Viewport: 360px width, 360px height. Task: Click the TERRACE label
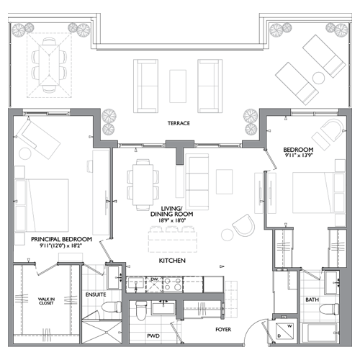(x=179, y=123)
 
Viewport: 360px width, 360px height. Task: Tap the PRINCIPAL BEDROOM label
(x=61, y=239)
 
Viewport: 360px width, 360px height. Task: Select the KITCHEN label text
(x=172, y=261)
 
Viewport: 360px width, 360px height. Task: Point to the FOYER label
(x=223, y=330)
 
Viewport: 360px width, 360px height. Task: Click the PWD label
(x=153, y=336)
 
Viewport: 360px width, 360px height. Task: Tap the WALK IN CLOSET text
(x=46, y=301)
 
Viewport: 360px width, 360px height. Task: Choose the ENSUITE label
(x=96, y=294)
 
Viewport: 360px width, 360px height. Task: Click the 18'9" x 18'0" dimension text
(x=172, y=220)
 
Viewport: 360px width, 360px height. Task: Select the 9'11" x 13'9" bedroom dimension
(x=298, y=155)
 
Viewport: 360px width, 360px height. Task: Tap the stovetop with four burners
(x=173, y=284)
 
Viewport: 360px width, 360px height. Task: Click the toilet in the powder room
(x=140, y=310)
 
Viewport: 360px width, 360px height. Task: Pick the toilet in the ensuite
(x=112, y=307)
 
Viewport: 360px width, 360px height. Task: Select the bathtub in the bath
(x=320, y=333)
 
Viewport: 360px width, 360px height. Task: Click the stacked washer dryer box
(x=285, y=331)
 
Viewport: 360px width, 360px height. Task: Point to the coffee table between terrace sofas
(x=178, y=86)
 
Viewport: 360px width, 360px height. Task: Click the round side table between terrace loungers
(x=319, y=78)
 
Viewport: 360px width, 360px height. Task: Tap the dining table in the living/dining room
(x=143, y=185)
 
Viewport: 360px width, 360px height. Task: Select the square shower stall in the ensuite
(x=102, y=332)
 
